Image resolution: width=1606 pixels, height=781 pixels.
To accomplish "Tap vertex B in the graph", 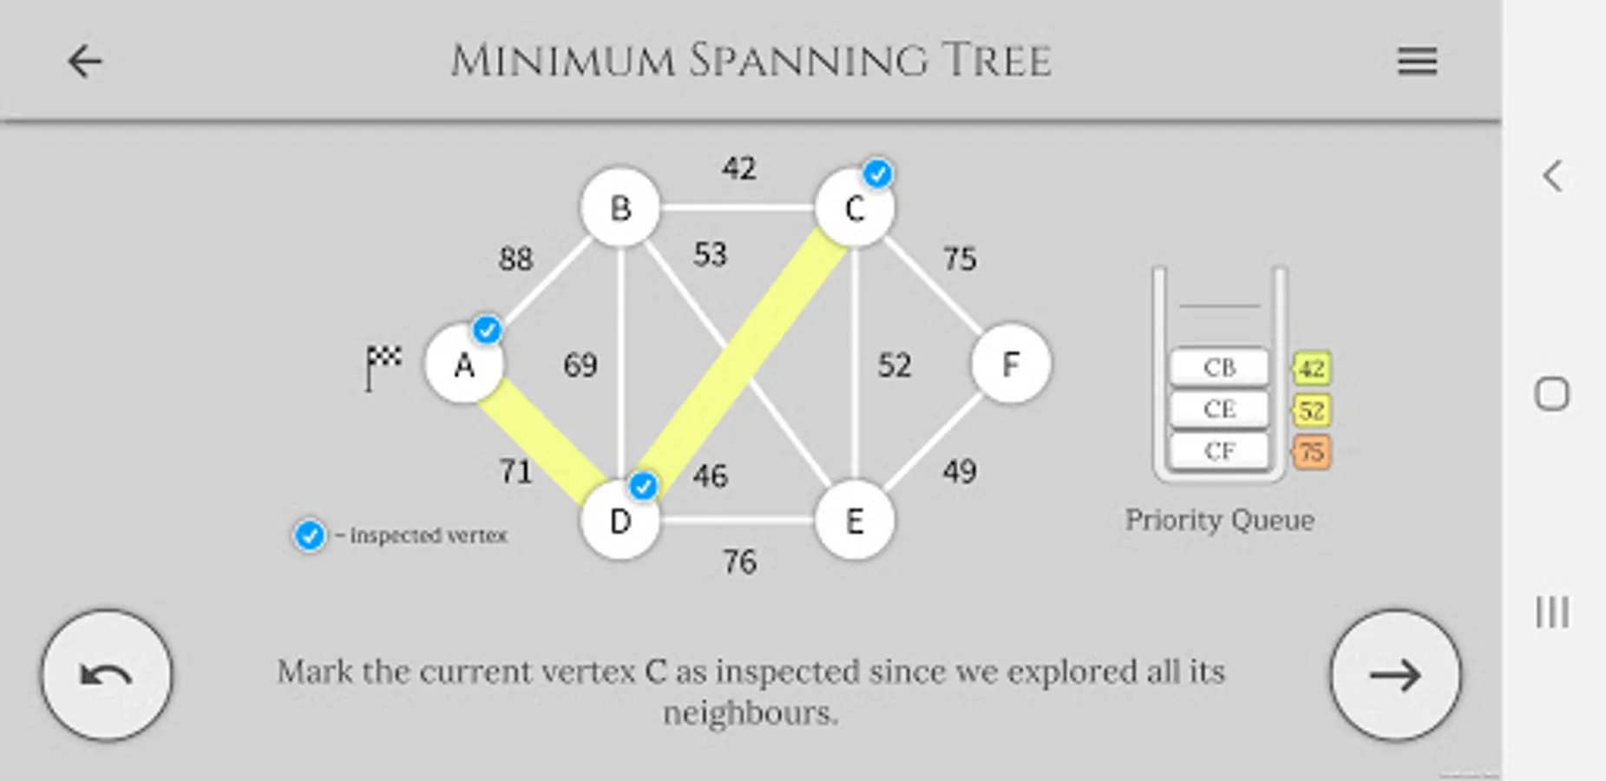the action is [x=620, y=208].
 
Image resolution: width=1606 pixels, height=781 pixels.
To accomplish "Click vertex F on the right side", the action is [x=1011, y=364].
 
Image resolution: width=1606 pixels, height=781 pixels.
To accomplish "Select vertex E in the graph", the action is [x=855, y=521].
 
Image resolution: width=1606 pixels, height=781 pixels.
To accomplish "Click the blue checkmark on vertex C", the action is [x=878, y=174].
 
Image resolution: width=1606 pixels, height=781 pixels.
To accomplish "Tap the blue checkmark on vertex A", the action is [x=487, y=330].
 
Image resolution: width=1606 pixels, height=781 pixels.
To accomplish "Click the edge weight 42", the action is [x=739, y=167].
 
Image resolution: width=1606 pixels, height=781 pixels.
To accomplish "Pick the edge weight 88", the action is [x=516, y=259].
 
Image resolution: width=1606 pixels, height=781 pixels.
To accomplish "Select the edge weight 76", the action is [x=739, y=562].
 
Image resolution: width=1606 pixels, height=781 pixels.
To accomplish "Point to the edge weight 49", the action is [x=960, y=471].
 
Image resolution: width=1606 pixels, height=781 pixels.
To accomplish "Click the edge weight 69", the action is [x=580, y=364].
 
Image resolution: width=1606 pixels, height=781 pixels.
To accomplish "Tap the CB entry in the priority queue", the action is [x=1219, y=368].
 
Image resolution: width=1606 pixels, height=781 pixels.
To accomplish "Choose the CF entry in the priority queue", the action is [x=1219, y=451].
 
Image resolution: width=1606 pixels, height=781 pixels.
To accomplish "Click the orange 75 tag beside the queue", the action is [x=1311, y=451].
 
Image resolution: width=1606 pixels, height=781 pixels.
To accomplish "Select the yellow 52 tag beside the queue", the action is [x=1311, y=410].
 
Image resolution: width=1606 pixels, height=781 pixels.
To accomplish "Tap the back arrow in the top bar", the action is [x=85, y=62].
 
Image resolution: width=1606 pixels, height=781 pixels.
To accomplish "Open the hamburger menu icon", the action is [x=1417, y=62].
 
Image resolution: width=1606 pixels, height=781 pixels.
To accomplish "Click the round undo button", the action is [x=107, y=675].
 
